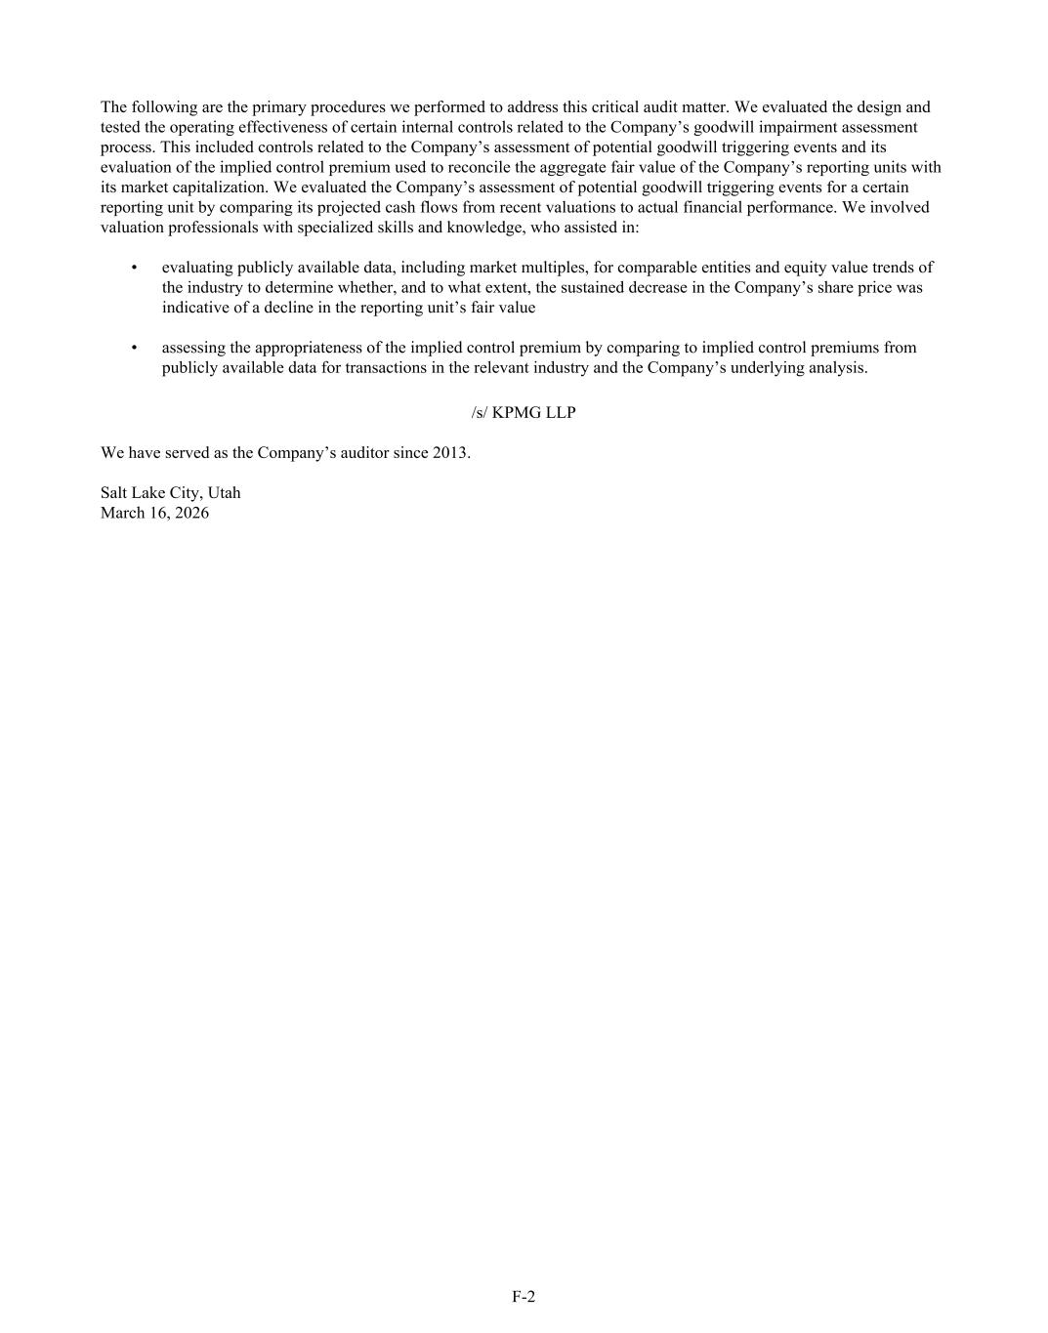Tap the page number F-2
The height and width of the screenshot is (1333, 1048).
click(524, 1297)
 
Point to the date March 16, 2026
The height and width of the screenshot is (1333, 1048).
click(154, 513)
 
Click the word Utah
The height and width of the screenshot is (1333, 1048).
click(224, 493)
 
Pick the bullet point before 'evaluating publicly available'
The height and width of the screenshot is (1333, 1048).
click(134, 267)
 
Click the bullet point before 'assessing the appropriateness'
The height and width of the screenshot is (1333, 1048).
click(134, 347)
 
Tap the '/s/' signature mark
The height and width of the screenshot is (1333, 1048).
click(479, 412)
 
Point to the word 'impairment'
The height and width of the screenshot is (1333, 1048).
click(788, 127)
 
